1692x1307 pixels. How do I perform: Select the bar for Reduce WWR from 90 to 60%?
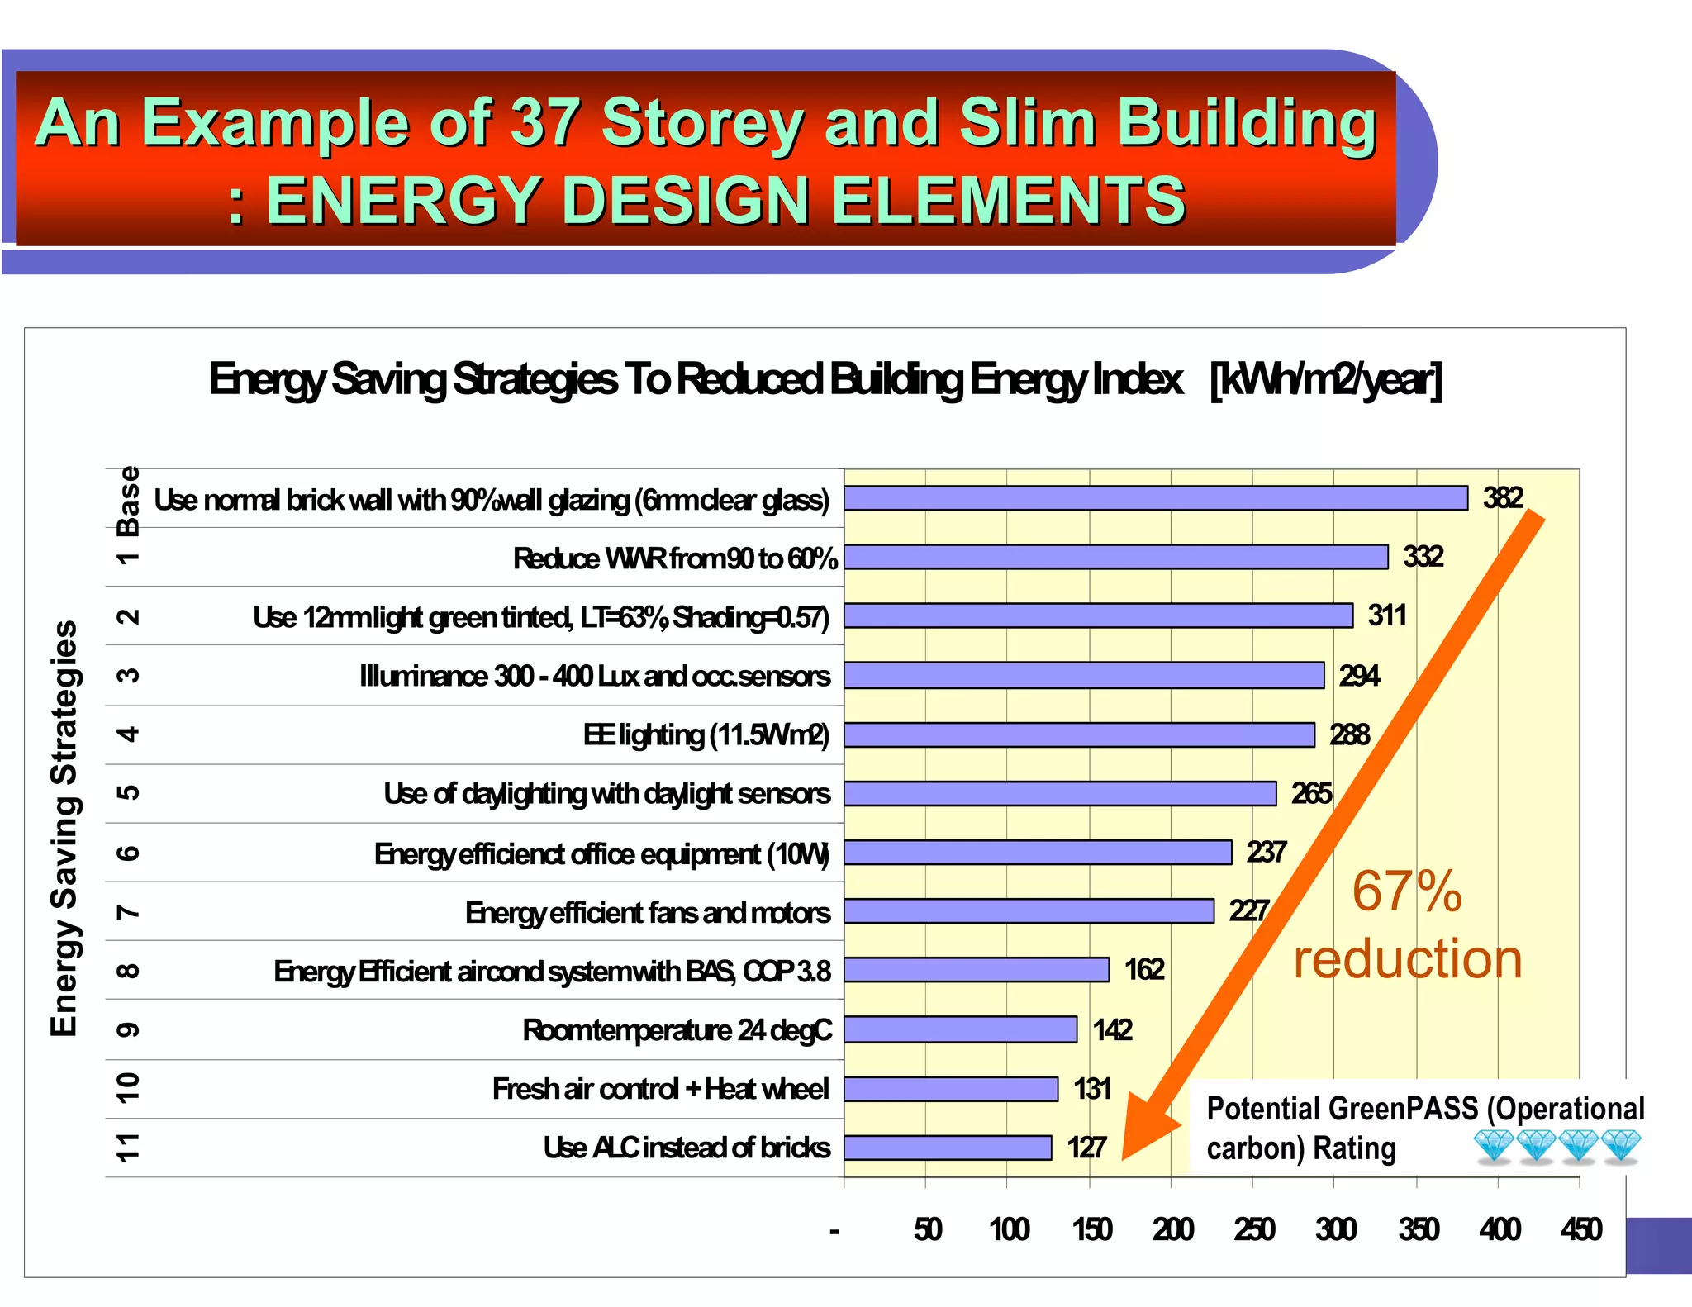[1115, 557]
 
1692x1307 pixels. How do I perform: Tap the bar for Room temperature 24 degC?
[960, 1029]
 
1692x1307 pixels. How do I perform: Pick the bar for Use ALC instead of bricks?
[948, 1148]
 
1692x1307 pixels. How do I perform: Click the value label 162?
[1143, 969]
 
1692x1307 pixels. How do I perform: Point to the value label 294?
[1359, 676]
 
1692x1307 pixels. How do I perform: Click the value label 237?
[1266, 852]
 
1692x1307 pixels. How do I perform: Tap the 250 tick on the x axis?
[1254, 1229]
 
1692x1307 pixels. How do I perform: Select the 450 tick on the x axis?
[1580, 1229]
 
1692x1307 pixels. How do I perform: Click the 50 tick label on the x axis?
[927, 1229]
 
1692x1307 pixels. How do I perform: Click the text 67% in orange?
[1406, 891]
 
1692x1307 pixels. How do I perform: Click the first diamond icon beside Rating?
[1494, 1147]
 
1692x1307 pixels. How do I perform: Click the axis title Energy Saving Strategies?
[64, 828]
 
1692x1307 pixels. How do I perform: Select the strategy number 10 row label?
[128, 1088]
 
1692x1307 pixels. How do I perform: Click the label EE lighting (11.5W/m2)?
[706, 734]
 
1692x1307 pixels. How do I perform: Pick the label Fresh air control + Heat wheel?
[660, 1089]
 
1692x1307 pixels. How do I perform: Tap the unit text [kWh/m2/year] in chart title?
[1325, 380]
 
